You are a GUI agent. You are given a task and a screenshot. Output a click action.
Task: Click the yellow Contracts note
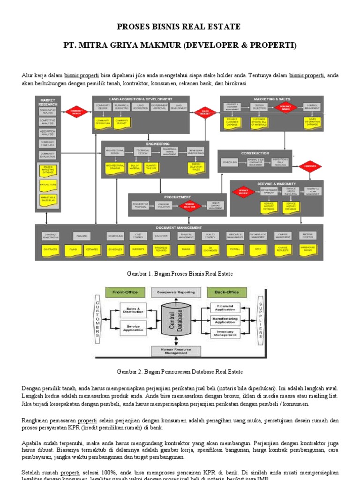[50, 249]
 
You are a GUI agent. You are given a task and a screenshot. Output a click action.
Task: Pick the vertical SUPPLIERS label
[260, 321]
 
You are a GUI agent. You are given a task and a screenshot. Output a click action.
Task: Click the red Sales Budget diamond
[205, 113]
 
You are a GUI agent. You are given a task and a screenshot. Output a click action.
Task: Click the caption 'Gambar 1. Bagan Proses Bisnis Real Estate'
[180, 273]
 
